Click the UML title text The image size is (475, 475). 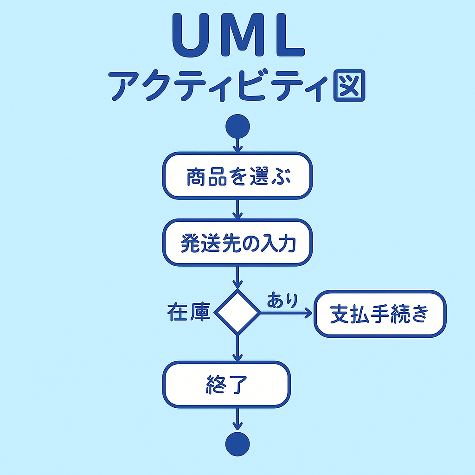pos(238,35)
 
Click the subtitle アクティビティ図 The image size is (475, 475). pos(237,86)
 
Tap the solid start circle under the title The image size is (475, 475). pos(238,126)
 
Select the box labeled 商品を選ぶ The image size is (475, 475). pos(237,176)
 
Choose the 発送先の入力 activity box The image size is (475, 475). pos(237,243)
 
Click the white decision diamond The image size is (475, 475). pos(237,312)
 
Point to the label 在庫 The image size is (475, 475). pos(189,312)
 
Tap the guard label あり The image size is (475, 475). pos(282,300)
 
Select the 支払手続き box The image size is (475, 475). pos(380,314)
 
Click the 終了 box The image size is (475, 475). pos(226,385)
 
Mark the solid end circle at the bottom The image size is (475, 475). pos(237,444)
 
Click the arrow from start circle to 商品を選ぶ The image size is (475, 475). pos(238,145)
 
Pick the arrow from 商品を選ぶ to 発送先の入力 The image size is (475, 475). pos(238,209)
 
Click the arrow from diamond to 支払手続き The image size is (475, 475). pos(287,313)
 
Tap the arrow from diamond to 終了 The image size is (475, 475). pos(238,348)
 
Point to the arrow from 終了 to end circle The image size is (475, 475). pos(238,419)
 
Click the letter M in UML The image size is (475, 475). pos(242,35)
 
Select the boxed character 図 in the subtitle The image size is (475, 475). pos(349,86)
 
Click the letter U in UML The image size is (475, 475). pos(191,35)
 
